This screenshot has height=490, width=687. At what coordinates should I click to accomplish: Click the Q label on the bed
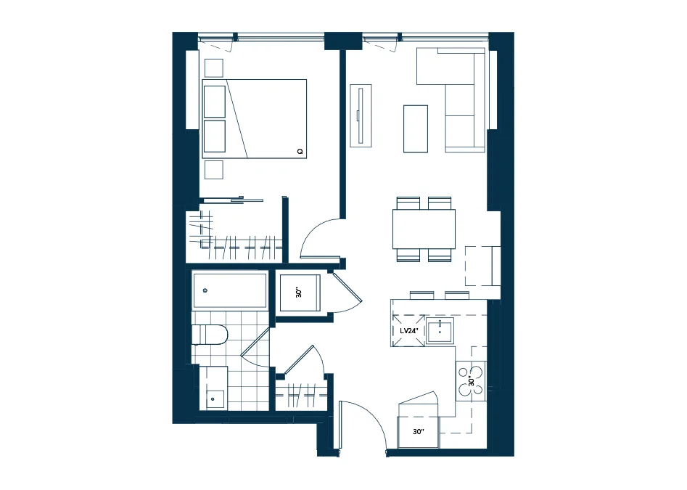[x=300, y=152]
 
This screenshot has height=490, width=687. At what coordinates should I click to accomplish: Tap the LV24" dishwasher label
[x=409, y=331]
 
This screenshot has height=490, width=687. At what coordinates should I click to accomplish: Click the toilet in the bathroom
[x=210, y=335]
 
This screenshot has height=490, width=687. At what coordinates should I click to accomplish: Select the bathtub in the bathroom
[x=230, y=290]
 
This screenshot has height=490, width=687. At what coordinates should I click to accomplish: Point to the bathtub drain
[x=205, y=290]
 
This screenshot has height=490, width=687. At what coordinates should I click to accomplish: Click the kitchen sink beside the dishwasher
[x=440, y=331]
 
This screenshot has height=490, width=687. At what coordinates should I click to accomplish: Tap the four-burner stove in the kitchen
[x=471, y=380]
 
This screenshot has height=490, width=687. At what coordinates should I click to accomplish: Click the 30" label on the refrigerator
[x=419, y=432]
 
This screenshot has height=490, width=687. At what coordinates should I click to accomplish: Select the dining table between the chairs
[x=424, y=229]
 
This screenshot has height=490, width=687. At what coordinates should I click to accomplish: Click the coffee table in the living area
[x=416, y=129]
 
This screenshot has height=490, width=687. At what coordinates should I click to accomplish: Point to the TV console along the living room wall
[x=361, y=115]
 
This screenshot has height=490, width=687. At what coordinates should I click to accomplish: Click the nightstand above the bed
[x=214, y=68]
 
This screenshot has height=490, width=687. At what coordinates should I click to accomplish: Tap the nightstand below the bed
[x=214, y=170]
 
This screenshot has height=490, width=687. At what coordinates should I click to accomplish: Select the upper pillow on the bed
[x=215, y=102]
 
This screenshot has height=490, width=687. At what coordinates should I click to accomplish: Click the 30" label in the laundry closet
[x=300, y=293]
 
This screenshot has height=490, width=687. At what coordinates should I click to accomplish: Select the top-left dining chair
[x=408, y=203]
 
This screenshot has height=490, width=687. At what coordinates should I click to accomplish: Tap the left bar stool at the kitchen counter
[x=422, y=295]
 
